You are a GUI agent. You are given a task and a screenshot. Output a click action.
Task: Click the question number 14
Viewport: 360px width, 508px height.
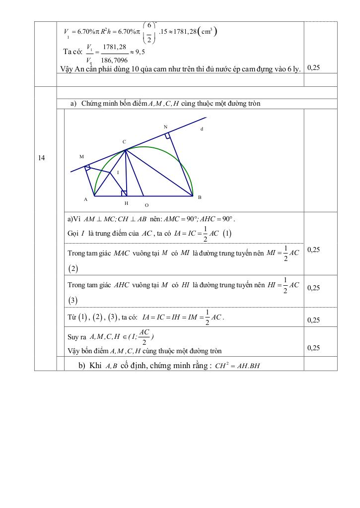pyautogui.click(x=42, y=158)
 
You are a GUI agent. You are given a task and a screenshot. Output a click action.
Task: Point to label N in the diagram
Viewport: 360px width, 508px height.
pyautogui.click(x=165, y=127)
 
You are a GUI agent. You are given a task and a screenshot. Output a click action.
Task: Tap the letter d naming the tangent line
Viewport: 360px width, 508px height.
pyautogui.click(x=202, y=129)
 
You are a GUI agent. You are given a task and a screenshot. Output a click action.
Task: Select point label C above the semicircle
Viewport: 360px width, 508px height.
pyautogui.click(x=124, y=142)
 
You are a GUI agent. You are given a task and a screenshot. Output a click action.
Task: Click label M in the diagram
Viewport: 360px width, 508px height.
pyautogui.click(x=81, y=156)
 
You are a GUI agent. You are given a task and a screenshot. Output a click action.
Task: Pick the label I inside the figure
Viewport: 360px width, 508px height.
pyautogui.click(x=118, y=173)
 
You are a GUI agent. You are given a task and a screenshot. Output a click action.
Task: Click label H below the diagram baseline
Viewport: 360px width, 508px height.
pyautogui.click(x=126, y=203)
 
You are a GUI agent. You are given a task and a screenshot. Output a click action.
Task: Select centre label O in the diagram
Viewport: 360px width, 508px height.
pyautogui.click(x=146, y=204)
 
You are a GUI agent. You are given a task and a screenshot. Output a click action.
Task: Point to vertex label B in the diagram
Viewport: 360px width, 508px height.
pyautogui.click(x=200, y=197)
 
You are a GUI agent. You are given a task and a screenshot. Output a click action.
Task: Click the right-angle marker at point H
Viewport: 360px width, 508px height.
pyautogui.click(x=124, y=193)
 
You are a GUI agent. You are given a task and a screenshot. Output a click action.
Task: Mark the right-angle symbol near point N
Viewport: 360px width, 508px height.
pyautogui.click(x=168, y=135)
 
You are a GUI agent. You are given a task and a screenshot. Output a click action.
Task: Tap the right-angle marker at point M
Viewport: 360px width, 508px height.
pyautogui.click(x=88, y=168)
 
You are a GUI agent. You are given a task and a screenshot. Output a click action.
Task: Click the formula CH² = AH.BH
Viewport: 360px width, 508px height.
pyautogui.click(x=240, y=367)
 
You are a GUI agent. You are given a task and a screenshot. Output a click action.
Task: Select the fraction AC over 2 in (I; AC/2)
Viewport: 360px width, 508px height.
pyautogui.click(x=144, y=337)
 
